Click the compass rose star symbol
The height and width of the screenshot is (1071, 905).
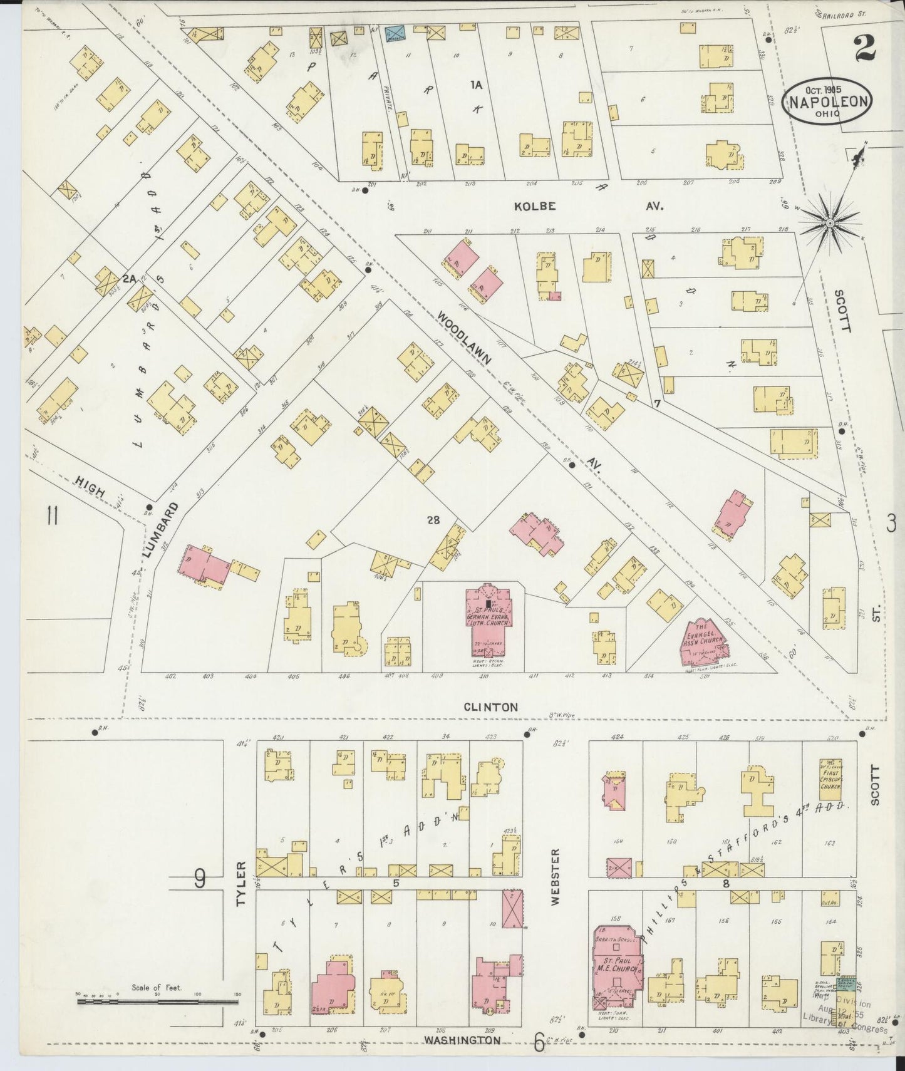829,222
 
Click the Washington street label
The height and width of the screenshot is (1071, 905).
462,1040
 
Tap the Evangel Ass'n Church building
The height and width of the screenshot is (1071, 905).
704,643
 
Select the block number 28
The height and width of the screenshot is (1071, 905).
433,519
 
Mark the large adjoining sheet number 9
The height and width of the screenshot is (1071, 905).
199,880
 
